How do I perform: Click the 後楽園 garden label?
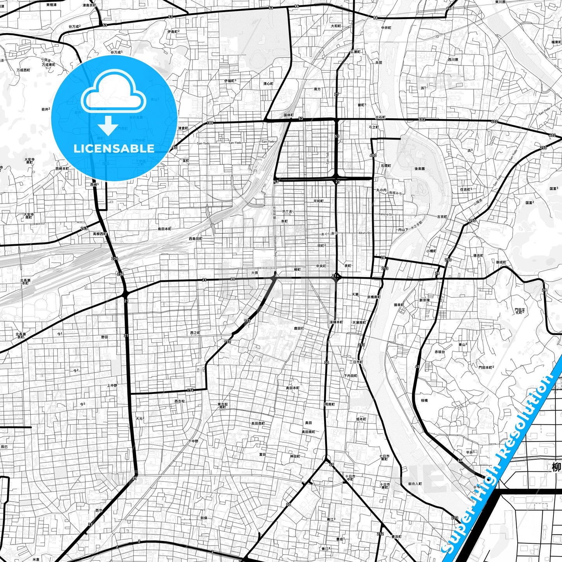[419, 169]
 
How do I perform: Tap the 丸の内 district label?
[381, 190]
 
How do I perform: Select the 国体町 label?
[288, 115]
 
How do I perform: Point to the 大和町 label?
[336, 26]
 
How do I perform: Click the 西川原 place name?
[453, 60]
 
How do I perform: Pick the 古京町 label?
[442, 217]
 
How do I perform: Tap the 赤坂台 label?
[439, 352]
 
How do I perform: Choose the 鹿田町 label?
[299, 328]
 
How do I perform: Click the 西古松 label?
[180, 401]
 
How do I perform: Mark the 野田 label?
[105, 337]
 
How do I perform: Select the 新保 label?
[204, 518]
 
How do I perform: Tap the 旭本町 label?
[361, 419]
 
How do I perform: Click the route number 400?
[373, 155]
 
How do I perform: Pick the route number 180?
[210, 123]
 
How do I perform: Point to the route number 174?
[190, 390]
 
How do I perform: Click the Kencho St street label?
[386, 214]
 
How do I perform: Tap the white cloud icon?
[114, 95]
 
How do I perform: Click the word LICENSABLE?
[114, 148]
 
